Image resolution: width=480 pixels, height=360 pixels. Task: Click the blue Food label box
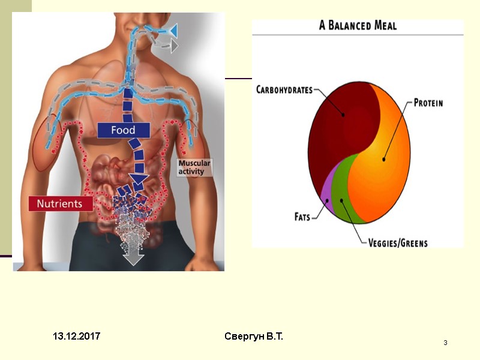coord(123,130)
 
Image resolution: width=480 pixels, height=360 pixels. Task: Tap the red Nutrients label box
coord(59,203)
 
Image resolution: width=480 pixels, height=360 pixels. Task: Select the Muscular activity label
coord(194,167)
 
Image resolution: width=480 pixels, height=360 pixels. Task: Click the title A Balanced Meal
coord(358,26)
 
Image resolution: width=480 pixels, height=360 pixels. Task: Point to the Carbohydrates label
coord(284,90)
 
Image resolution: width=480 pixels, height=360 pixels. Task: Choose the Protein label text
coord(428,103)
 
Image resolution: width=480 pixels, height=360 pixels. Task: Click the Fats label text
coord(302,217)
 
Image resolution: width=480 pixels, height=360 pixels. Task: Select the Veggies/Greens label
coord(398,243)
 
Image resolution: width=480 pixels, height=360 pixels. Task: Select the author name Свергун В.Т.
coord(254,337)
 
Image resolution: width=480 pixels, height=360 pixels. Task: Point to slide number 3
coord(446,343)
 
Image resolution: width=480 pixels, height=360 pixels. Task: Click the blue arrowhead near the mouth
coord(172,29)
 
